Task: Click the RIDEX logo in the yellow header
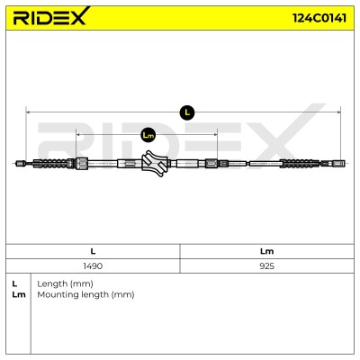pos(51,16)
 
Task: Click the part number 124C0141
pos(319,18)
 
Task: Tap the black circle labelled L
pos(187,112)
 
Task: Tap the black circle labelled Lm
pos(148,135)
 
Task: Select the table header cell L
pos(93,251)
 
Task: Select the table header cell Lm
pos(266,251)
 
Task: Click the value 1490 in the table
pos(93,265)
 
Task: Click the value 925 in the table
pos(266,265)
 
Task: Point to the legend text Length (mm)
pos(65,283)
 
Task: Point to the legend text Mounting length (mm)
pos(85,294)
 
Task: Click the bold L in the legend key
pos(14,283)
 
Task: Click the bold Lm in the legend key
pos(19,294)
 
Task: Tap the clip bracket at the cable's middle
pos(155,164)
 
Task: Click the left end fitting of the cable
pos(20,164)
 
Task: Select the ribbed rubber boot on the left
pos(54,164)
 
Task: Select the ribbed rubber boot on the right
pos(300,164)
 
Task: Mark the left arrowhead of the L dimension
pos(28,112)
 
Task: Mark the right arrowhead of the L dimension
pos(339,112)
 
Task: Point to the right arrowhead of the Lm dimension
pos(215,135)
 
